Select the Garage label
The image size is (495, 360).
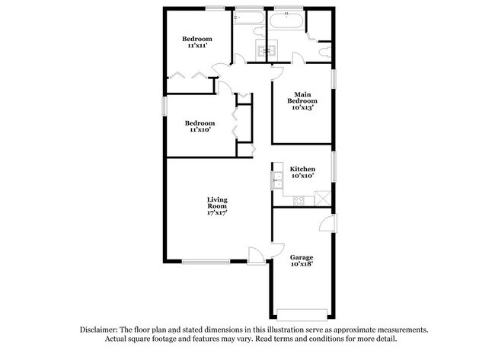(x=302, y=257)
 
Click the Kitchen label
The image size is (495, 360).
(x=302, y=168)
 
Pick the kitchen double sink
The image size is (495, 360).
(x=276, y=180)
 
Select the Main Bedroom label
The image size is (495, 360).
(x=302, y=97)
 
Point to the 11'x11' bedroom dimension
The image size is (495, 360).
(x=196, y=46)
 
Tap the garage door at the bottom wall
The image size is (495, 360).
(x=302, y=314)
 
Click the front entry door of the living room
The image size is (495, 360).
(x=257, y=256)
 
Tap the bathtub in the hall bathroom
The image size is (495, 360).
(x=248, y=21)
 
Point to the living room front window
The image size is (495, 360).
(x=206, y=262)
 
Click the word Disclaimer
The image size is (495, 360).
(x=101, y=330)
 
